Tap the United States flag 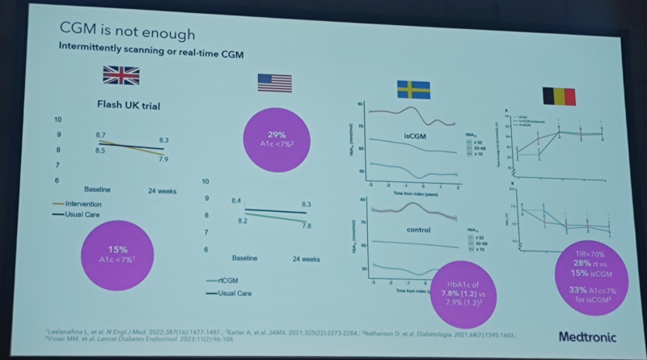click(x=274, y=82)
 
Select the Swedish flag click(x=413, y=89)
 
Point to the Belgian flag click(x=558, y=95)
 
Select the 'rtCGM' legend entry click(x=222, y=279)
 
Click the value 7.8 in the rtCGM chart click(x=307, y=226)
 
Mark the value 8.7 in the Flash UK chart click(x=102, y=134)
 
